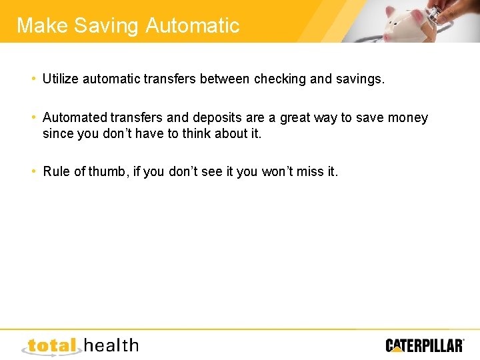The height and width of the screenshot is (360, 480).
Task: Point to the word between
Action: pyautogui.click(x=218, y=79)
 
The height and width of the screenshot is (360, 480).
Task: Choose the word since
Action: pyautogui.click(x=57, y=133)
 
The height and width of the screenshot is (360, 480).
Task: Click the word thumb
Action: pyautogui.click(x=107, y=172)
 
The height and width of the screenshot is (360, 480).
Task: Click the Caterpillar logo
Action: pyautogui.click(x=424, y=345)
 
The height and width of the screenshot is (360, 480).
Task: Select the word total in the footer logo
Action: pyautogui.click(x=52, y=345)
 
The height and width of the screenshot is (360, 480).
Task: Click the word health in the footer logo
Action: pyautogui.click(x=111, y=345)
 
